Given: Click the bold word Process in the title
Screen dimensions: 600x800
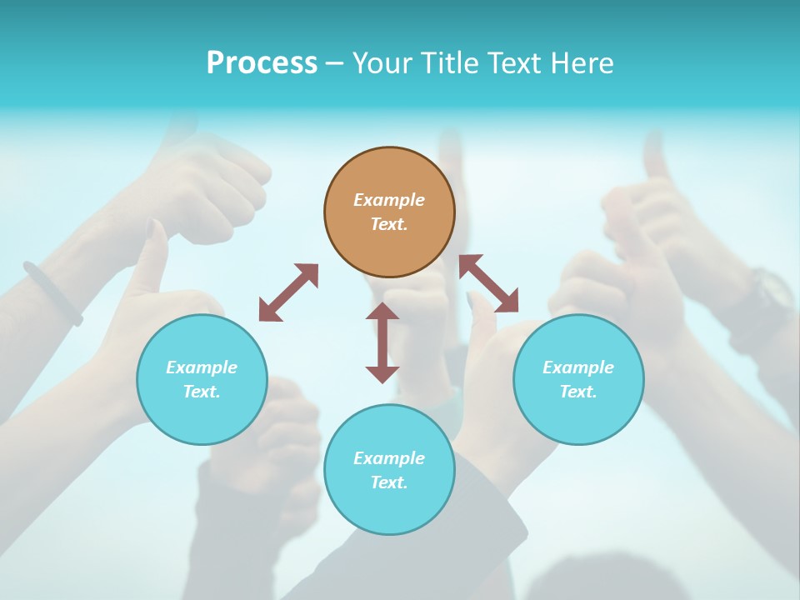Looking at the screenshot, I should click(x=262, y=63).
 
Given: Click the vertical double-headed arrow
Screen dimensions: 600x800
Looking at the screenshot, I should click(x=382, y=342).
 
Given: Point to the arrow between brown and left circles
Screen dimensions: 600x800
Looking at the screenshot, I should click(x=288, y=292).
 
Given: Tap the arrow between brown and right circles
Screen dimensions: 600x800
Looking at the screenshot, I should click(x=489, y=283).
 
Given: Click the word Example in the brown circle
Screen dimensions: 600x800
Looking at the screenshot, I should click(x=389, y=200).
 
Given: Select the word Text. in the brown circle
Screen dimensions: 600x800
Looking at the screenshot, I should click(x=389, y=224).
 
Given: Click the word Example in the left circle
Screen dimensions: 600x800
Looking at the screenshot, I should click(x=202, y=367).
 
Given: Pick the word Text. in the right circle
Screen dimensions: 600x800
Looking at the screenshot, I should click(x=578, y=392).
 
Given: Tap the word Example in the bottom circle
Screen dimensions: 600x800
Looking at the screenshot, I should click(x=389, y=458).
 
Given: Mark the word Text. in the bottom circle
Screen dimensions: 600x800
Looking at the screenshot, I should click(x=389, y=482).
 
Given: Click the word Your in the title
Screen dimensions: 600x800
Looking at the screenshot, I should click(x=379, y=63).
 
